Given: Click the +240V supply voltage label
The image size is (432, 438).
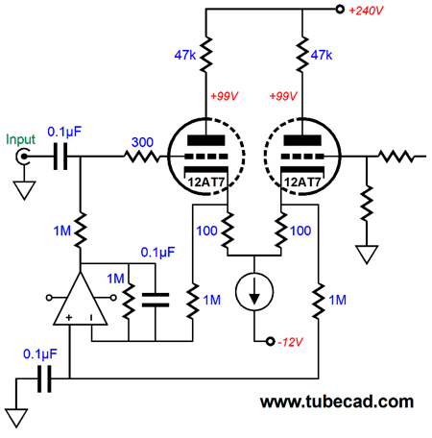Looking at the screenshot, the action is click(x=366, y=11).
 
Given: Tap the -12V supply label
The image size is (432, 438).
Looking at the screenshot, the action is click(x=290, y=342).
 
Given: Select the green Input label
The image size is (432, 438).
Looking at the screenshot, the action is click(x=20, y=139).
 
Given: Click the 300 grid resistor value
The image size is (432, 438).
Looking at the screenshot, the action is click(x=142, y=142).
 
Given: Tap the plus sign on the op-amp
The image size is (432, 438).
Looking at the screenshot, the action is click(x=69, y=317).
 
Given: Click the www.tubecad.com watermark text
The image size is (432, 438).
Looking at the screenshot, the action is click(x=337, y=401).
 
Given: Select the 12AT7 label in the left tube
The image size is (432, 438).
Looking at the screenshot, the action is click(x=205, y=182).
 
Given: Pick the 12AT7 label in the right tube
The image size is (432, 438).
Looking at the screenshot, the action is click(x=302, y=182).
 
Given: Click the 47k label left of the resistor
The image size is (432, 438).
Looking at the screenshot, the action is click(x=185, y=55).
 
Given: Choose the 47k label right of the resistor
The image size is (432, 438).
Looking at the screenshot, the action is click(x=322, y=55).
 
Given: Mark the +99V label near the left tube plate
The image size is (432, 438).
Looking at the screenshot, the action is click(x=225, y=96).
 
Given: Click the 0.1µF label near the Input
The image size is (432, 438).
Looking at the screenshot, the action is click(x=64, y=132).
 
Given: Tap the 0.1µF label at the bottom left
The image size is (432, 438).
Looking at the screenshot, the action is click(x=40, y=354).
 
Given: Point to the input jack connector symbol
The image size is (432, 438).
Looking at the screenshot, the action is click(x=23, y=157).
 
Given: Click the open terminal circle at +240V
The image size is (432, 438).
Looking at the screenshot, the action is click(x=340, y=10).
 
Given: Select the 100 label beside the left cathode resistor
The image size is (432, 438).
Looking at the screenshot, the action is click(x=206, y=231).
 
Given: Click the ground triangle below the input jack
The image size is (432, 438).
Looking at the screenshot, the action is click(x=24, y=191).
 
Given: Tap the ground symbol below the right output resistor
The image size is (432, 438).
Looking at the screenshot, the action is click(x=367, y=255).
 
